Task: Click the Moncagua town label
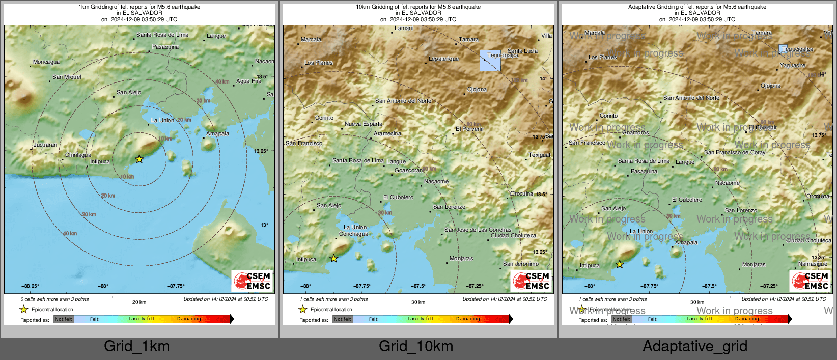46,62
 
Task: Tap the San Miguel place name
67,77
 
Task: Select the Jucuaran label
45,145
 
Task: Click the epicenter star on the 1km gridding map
139,159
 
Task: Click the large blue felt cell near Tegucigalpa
490,61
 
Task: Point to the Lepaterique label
443,59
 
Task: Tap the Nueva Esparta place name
363,124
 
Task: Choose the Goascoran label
408,171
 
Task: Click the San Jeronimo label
520,264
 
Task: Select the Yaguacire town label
792,66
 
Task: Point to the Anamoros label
635,133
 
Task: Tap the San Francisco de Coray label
734,152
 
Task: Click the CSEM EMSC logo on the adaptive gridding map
810,281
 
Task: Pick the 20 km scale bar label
139,302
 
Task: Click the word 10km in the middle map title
362,7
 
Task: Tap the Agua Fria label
248,81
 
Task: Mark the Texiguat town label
539,155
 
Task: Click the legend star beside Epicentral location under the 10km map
303,310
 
